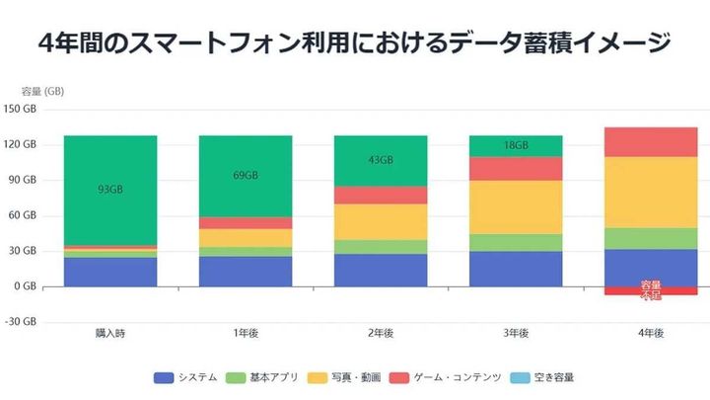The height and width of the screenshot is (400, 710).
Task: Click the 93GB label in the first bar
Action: click(110, 189)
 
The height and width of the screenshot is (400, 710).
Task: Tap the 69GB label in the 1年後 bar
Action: click(246, 175)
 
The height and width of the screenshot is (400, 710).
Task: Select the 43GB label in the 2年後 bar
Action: click(381, 160)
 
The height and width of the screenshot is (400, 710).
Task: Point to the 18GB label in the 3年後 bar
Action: click(516, 145)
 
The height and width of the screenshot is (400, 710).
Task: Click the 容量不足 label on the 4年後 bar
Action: click(651, 290)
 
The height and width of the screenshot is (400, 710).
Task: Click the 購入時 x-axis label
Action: click(110, 334)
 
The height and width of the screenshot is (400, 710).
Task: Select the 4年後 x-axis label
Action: click(651, 334)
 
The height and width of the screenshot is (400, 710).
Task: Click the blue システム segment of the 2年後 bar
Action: click(381, 270)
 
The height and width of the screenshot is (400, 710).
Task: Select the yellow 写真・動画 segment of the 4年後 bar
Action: click(651, 193)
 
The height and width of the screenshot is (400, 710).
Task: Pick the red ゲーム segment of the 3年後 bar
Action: click(516, 169)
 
